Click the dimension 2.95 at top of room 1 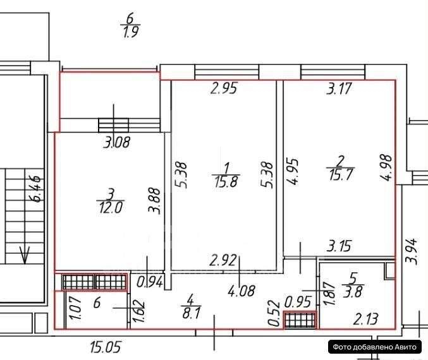(x=223, y=89)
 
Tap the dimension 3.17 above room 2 (x=339, y=89)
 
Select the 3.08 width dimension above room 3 (x=116, y=143)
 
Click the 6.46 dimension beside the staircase (x=36, y=189)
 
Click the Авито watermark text (x=374, y=346)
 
